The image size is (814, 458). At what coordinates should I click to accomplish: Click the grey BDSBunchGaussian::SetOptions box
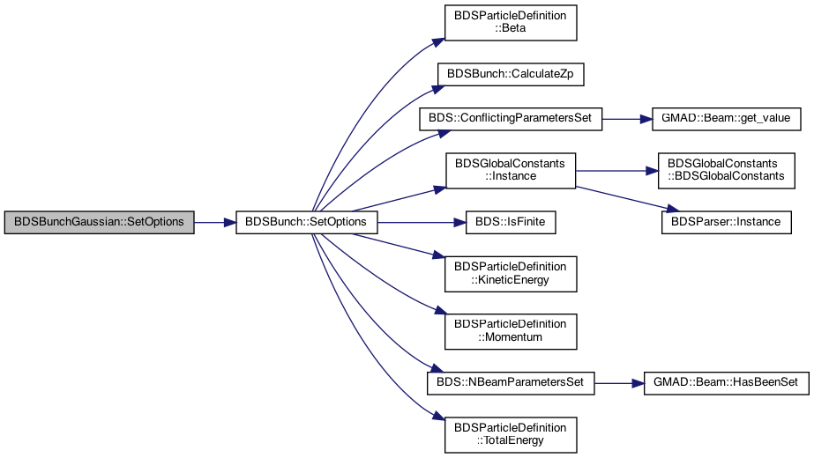[99, 223]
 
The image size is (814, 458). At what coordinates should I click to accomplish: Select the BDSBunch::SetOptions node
[306, 223]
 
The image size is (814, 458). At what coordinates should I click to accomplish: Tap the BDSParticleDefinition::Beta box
[511, 23]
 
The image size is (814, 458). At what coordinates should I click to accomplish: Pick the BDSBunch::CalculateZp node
[511, 74]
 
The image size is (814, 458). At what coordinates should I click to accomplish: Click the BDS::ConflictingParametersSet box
[511, 119]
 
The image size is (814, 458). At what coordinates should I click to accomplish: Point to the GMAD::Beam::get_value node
[727, 119]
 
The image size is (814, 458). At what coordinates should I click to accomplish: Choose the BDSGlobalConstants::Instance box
[511, 171]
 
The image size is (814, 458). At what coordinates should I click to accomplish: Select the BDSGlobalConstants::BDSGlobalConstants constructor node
[727, 171]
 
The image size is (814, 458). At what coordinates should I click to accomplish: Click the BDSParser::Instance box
[727, 223]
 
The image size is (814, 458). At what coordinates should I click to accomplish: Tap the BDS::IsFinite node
[511, 223]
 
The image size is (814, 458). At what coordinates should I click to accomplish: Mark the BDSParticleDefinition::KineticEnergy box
[511, 274]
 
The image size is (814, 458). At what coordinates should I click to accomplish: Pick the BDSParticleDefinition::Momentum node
[511, 331]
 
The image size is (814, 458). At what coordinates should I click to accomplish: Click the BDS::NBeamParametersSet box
[511, 383]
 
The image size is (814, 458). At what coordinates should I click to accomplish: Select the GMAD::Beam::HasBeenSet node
[727, 383]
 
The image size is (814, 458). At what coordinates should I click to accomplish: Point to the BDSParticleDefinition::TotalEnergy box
[511, 434]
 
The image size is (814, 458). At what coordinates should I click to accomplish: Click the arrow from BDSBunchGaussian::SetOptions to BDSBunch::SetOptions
[215, 223]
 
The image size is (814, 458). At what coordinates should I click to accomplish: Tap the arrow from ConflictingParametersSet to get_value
[627, 119]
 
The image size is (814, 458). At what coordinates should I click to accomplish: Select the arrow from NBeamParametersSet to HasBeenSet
[619, 383]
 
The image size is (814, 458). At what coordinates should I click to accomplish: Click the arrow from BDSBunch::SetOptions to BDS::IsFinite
[422, 223]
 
